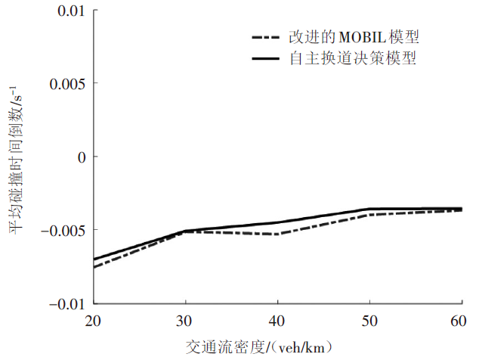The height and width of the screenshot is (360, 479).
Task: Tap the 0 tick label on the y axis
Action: tap(82, 157)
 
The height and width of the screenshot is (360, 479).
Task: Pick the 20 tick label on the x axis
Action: tap(94, 321)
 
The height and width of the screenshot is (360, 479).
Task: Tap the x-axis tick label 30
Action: tap(186, 321)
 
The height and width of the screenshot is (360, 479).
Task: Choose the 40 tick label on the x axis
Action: tap(278, 321)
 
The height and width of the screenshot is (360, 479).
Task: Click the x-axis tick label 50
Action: tap(370, 321)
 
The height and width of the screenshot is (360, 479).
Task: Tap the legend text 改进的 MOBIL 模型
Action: tap(354, 37)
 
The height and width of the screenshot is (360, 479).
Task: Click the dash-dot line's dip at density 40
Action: tap(278, 234)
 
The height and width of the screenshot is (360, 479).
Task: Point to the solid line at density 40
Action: tap(278, 223)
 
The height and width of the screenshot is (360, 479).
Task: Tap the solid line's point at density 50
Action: tap(370, 209)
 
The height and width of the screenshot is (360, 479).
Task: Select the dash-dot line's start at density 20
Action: tap(94, 268)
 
